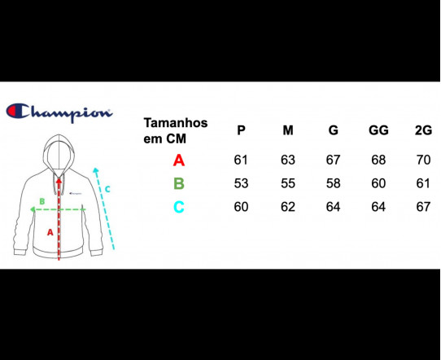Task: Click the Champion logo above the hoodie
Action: tap(59, 112)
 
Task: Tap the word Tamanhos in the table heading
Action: tap(176, 123)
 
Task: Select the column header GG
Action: tap(378, 130)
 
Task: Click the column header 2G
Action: tap(423, 130)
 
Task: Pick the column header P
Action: tap(241, 130)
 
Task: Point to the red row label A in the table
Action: tap(179, 160)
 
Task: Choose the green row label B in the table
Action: tap(179, 183)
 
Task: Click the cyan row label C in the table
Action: tap(179, 207)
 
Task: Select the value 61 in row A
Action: tap(241, 160)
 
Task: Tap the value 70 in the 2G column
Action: tap(423, 160)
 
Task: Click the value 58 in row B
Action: tap(334, 183)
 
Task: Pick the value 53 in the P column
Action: tap(241, 183)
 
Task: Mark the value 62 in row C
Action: tap(288, 207)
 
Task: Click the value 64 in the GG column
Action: tap(378, 207)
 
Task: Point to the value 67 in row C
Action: tap(423, 207)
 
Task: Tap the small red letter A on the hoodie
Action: tap(50, 232)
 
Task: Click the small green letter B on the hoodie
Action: tap(42, 201)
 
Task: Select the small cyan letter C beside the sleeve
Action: tap(107, 189)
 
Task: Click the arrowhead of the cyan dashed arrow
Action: tap(96, 169)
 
